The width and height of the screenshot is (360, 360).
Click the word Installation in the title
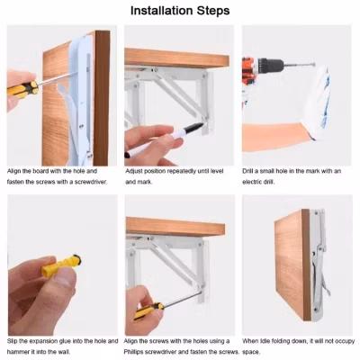(161, 11)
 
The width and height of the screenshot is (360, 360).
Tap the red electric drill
(261, 70)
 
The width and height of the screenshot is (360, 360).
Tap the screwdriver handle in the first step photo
(22, 90)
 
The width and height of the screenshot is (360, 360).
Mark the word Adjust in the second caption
(134, 170)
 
